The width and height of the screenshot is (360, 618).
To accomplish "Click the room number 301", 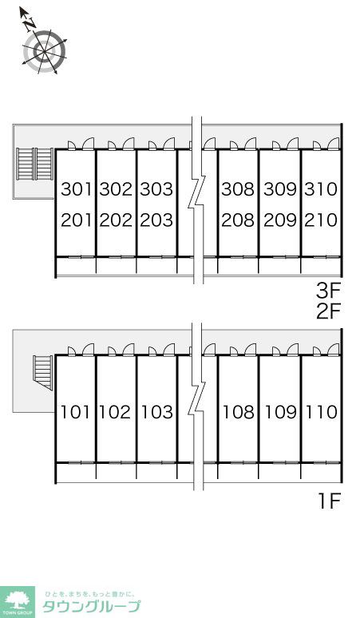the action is pyautogui.click(x=77, y=189).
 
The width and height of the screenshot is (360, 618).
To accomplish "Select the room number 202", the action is pyautogui.click(x=116, y=220).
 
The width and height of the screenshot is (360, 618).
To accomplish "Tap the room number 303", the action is pyautogui.click(x=156, y=189).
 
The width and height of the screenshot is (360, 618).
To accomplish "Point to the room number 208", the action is pyautogui.click(x=238, y=220).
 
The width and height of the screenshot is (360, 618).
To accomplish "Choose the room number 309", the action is pyautogui.click(x=280, y=189).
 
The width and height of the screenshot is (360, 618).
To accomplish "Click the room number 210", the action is pyautogui.click(x=321, y=220).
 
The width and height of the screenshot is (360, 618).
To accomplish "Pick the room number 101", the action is pyautogui.click(x=75, y=412).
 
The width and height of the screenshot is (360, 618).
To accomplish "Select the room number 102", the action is pyautogui.click(x=115, y=412).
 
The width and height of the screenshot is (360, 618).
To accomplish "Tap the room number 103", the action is pyautogui.click(x=157, y=412).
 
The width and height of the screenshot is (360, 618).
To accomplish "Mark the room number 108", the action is pyautogui.click(x=239, y=412).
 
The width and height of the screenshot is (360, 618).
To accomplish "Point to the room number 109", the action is pyautogui.click(x=281, y=412).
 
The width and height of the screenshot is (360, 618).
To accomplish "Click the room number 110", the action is pyautogui.click(x=322, y=412).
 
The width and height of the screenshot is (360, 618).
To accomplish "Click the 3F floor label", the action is pyautogui.click(x=328, y=291).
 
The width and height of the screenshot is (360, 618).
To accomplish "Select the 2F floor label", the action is pyautogui.click(x=328, y=311).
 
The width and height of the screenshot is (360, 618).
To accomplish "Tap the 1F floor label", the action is pyautogui.click(x=330, y=501).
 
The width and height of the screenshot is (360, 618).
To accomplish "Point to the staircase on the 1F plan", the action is pyautogui.click(x=42, y=372).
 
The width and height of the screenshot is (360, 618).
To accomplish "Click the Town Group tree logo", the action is pyautogui.click(x=18, y=602).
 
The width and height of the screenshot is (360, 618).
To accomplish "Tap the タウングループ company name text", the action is pyautogui.click(x=91, y=606).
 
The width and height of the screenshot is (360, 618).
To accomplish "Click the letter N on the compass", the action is pyautogui.click(x=30, y=26).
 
